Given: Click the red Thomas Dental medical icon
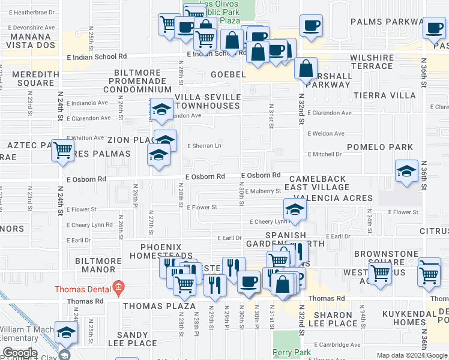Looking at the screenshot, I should coord(119,287).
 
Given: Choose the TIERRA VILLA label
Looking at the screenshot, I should coord(393,95).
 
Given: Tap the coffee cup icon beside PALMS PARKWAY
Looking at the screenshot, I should coord(311,26).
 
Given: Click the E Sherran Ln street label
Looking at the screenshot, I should coord(204,146).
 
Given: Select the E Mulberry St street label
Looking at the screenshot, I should coord(263,191).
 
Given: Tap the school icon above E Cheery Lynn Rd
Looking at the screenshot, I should coord(295,209).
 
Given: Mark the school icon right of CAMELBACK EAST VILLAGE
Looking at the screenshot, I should coord(406,170).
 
